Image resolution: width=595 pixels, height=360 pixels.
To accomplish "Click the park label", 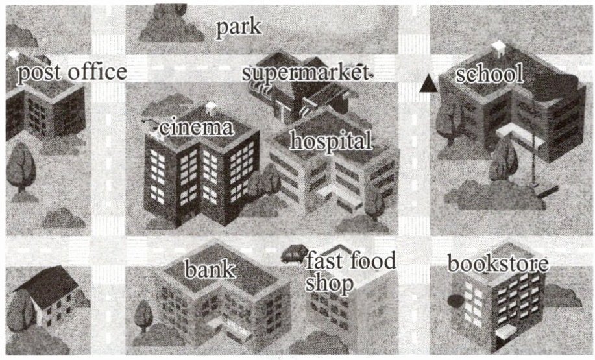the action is click(x=239, y=28).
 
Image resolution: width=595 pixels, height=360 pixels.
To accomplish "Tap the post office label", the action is click(x=72, y=73).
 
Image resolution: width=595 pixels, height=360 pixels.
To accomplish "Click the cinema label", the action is click(x=196, y=127).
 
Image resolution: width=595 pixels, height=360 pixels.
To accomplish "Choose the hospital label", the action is click(x=331, y=141).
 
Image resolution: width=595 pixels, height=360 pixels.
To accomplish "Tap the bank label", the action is click(x=210, y=269).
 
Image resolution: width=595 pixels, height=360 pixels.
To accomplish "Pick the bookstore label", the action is click(x=498, y=263).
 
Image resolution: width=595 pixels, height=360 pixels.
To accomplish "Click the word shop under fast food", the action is click(x=329, y=284).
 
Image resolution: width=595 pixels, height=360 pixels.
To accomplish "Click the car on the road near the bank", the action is click(x=295, y=254).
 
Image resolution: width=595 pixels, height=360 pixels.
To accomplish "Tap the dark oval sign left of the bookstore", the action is click(x=455, y=301).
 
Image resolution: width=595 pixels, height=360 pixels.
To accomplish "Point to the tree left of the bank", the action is click(x=143, y=316).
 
